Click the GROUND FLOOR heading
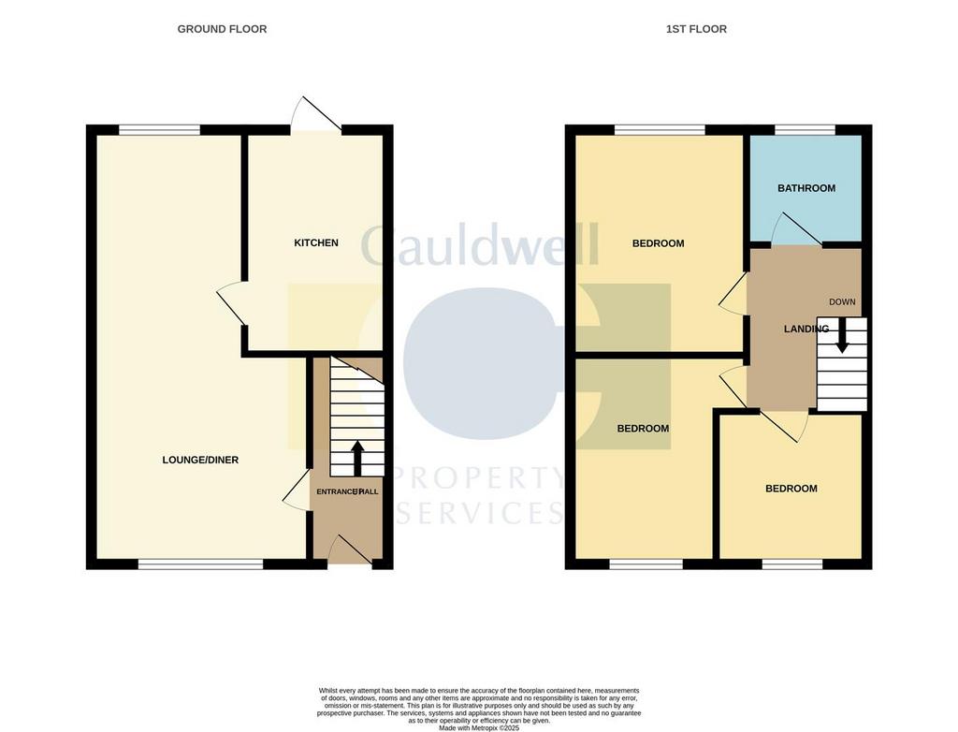click(222, 29)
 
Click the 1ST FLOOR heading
click(696, 29)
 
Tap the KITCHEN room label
click(316, 242)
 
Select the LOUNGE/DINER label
click(200, 460)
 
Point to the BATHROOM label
click(806, 188)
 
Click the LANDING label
click(806, 329)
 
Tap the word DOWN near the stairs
click(842, 301)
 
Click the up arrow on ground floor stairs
click(356, 458)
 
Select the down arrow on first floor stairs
click(842, 336)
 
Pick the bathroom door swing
click(793, 229)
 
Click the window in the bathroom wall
click(805, 130)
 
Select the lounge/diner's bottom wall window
click(200, 564)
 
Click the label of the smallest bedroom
click(791, 489)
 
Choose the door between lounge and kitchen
click(230, 305)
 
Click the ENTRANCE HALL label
click(347, 491)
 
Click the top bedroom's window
click(659, 130)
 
